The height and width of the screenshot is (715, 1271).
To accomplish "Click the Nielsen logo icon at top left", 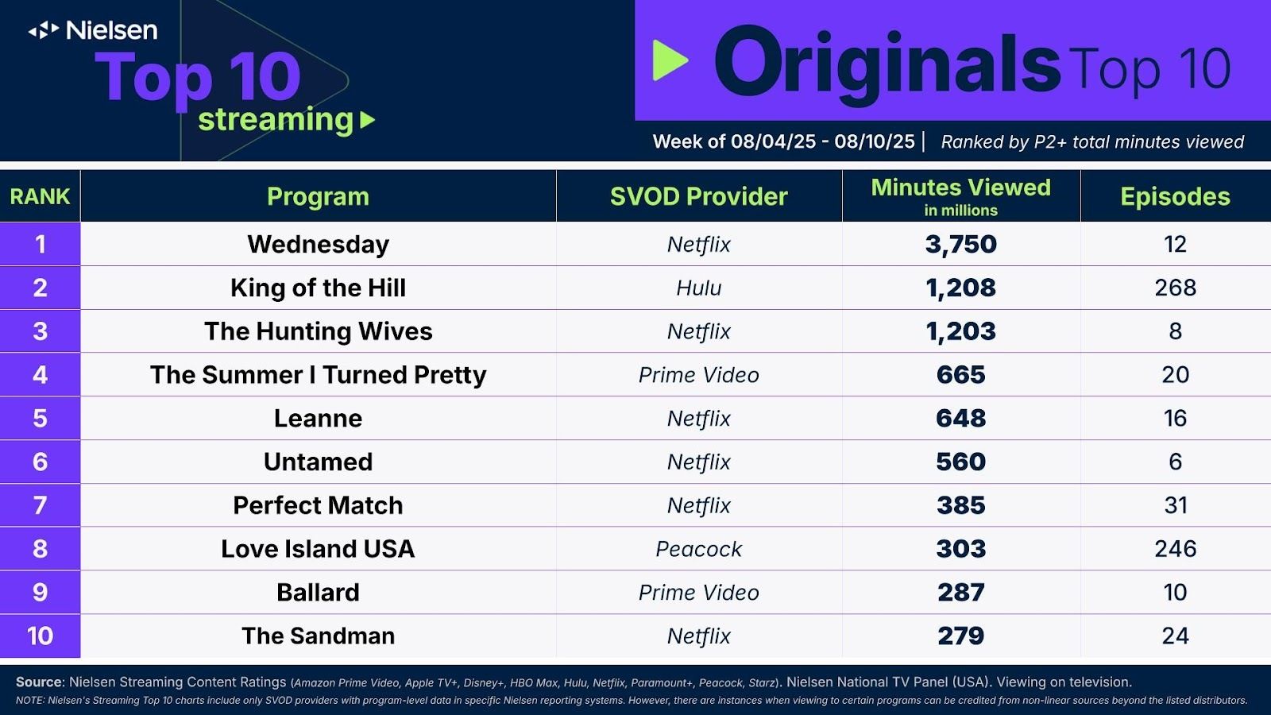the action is click(44, 30).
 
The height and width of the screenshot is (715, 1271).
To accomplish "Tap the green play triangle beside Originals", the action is click(670, 60).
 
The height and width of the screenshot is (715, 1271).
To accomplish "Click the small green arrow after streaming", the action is click(368, 120).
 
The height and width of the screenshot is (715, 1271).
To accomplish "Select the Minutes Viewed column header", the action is click(960, 196).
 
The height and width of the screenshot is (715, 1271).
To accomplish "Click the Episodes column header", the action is click(1175, 196).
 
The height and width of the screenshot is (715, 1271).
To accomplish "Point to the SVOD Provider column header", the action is click(698, 196).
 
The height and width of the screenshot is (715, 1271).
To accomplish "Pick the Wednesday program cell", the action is click(319, 245).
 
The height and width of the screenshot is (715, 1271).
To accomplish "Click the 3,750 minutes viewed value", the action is click(960, 244).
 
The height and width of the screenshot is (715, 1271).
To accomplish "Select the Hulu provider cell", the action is click(698, 288).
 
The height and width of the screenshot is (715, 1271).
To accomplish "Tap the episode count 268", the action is click(1175, 288).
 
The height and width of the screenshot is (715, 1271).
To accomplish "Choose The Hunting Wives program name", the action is click(319, 331).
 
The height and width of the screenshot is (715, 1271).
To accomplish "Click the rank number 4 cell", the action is click(41, 374).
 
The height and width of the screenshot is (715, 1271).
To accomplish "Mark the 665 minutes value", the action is click(960, 374).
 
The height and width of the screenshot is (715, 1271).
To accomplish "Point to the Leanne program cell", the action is click(319, 418).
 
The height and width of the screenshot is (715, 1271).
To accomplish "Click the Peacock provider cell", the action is click(698, 549).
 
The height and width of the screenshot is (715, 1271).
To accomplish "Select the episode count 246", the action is click(1175, 549).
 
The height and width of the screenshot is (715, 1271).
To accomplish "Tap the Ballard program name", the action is click(319, 593).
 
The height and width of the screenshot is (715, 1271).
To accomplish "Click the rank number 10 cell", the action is click(41, 636).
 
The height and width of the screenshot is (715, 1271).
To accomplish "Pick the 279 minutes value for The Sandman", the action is click(960, 636).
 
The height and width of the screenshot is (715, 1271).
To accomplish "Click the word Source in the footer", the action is click(39, 682).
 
